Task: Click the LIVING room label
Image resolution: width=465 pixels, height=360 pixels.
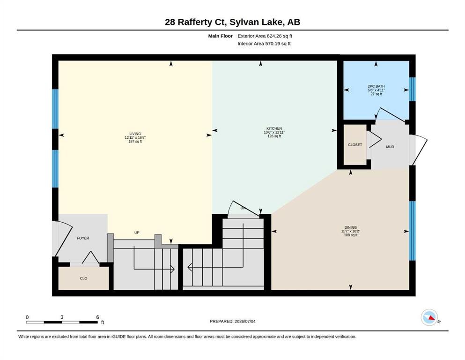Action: [135, 134]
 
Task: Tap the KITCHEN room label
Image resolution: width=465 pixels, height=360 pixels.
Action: [274, 128]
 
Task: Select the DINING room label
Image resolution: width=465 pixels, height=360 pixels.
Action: [351, 228]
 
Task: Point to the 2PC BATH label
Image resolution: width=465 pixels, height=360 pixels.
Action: [376, 86]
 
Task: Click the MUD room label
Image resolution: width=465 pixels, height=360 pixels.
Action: [390, 147]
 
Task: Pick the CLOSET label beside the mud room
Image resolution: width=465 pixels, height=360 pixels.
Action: [355, 145]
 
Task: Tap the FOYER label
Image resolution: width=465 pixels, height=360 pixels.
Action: [83, 238]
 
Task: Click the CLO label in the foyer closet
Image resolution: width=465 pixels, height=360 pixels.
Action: [84, 278]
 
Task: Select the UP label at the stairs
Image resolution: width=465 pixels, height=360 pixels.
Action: [137, 232]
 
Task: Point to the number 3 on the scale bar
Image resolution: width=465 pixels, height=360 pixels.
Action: [62, 317]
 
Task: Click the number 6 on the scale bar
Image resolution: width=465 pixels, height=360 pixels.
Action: [97, 317]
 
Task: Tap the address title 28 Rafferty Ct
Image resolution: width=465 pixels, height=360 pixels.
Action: [193, 22]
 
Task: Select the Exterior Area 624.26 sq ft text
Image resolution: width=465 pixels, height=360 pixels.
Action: [265, 36]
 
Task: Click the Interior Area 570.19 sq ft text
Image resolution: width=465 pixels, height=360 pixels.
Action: [264, 44]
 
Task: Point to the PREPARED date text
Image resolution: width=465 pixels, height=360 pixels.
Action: [232, 321]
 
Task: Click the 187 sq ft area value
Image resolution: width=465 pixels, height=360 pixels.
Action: [135, 142]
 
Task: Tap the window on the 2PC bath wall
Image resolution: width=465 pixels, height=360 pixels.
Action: [413, 90]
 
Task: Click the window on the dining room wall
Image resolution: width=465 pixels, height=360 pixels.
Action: [413, 231]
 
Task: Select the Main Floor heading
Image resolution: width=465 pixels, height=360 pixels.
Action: [221, 36]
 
